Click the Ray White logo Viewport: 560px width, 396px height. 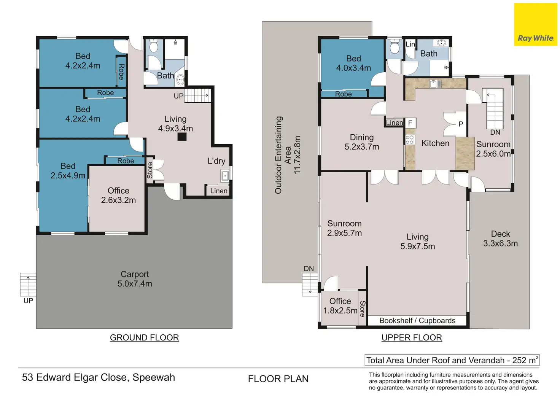pos(536,24)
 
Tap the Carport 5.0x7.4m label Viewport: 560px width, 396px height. pos(135,279)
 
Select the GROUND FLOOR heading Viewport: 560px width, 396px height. pos(144,337)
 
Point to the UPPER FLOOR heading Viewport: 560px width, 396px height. pos(412,337)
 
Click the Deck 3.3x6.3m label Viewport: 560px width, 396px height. pos(500,239)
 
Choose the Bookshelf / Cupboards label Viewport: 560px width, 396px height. pos(417,321)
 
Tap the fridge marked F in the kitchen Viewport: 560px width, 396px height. pos(410,123)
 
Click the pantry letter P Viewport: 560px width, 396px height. pos(461,124)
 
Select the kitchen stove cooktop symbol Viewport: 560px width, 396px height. pos(409,140)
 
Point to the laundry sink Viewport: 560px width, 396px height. pos(225,175)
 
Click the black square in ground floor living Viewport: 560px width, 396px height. pos(182,137)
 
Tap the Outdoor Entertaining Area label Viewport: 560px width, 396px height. pos(287,155)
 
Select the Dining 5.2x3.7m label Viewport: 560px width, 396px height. pos(361,142)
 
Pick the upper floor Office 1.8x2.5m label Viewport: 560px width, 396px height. pos(340,306)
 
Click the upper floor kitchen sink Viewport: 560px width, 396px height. pos(435,84)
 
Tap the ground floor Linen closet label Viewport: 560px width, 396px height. pos(219,191)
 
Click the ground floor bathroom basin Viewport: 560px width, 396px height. pos(180,80)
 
